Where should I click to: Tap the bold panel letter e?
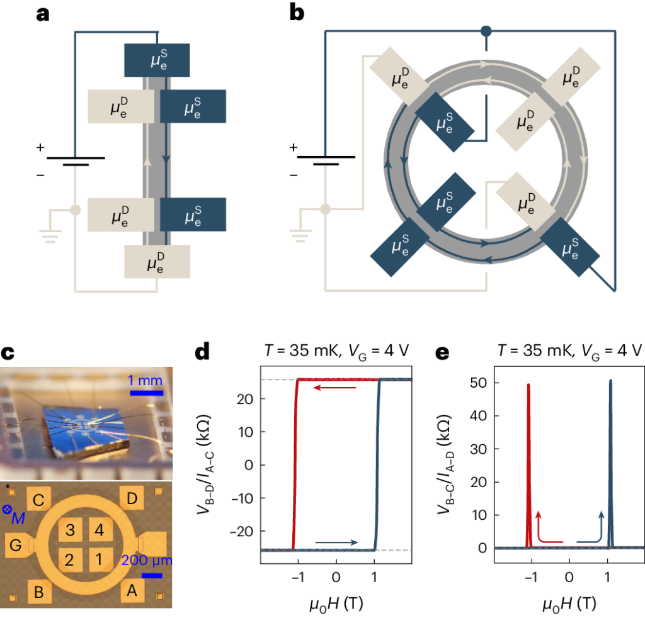click(442, 352)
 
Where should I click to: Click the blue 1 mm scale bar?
click(146, 393)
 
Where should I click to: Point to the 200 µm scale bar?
click(152, 575)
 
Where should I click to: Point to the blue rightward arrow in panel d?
click(337, 541)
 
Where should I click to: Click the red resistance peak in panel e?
click(529, 466)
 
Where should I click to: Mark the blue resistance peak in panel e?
click(610, 466)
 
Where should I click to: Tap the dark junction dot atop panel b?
click(486, 30)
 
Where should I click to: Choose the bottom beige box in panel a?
click(157, 262)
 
